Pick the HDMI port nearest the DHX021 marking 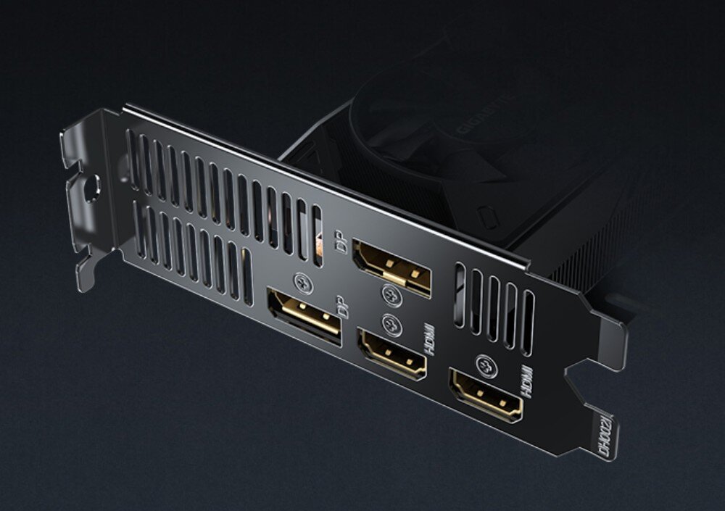click(485, 394)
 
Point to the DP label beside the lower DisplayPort click(343, 307)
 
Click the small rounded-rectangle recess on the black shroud click(488, 215)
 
